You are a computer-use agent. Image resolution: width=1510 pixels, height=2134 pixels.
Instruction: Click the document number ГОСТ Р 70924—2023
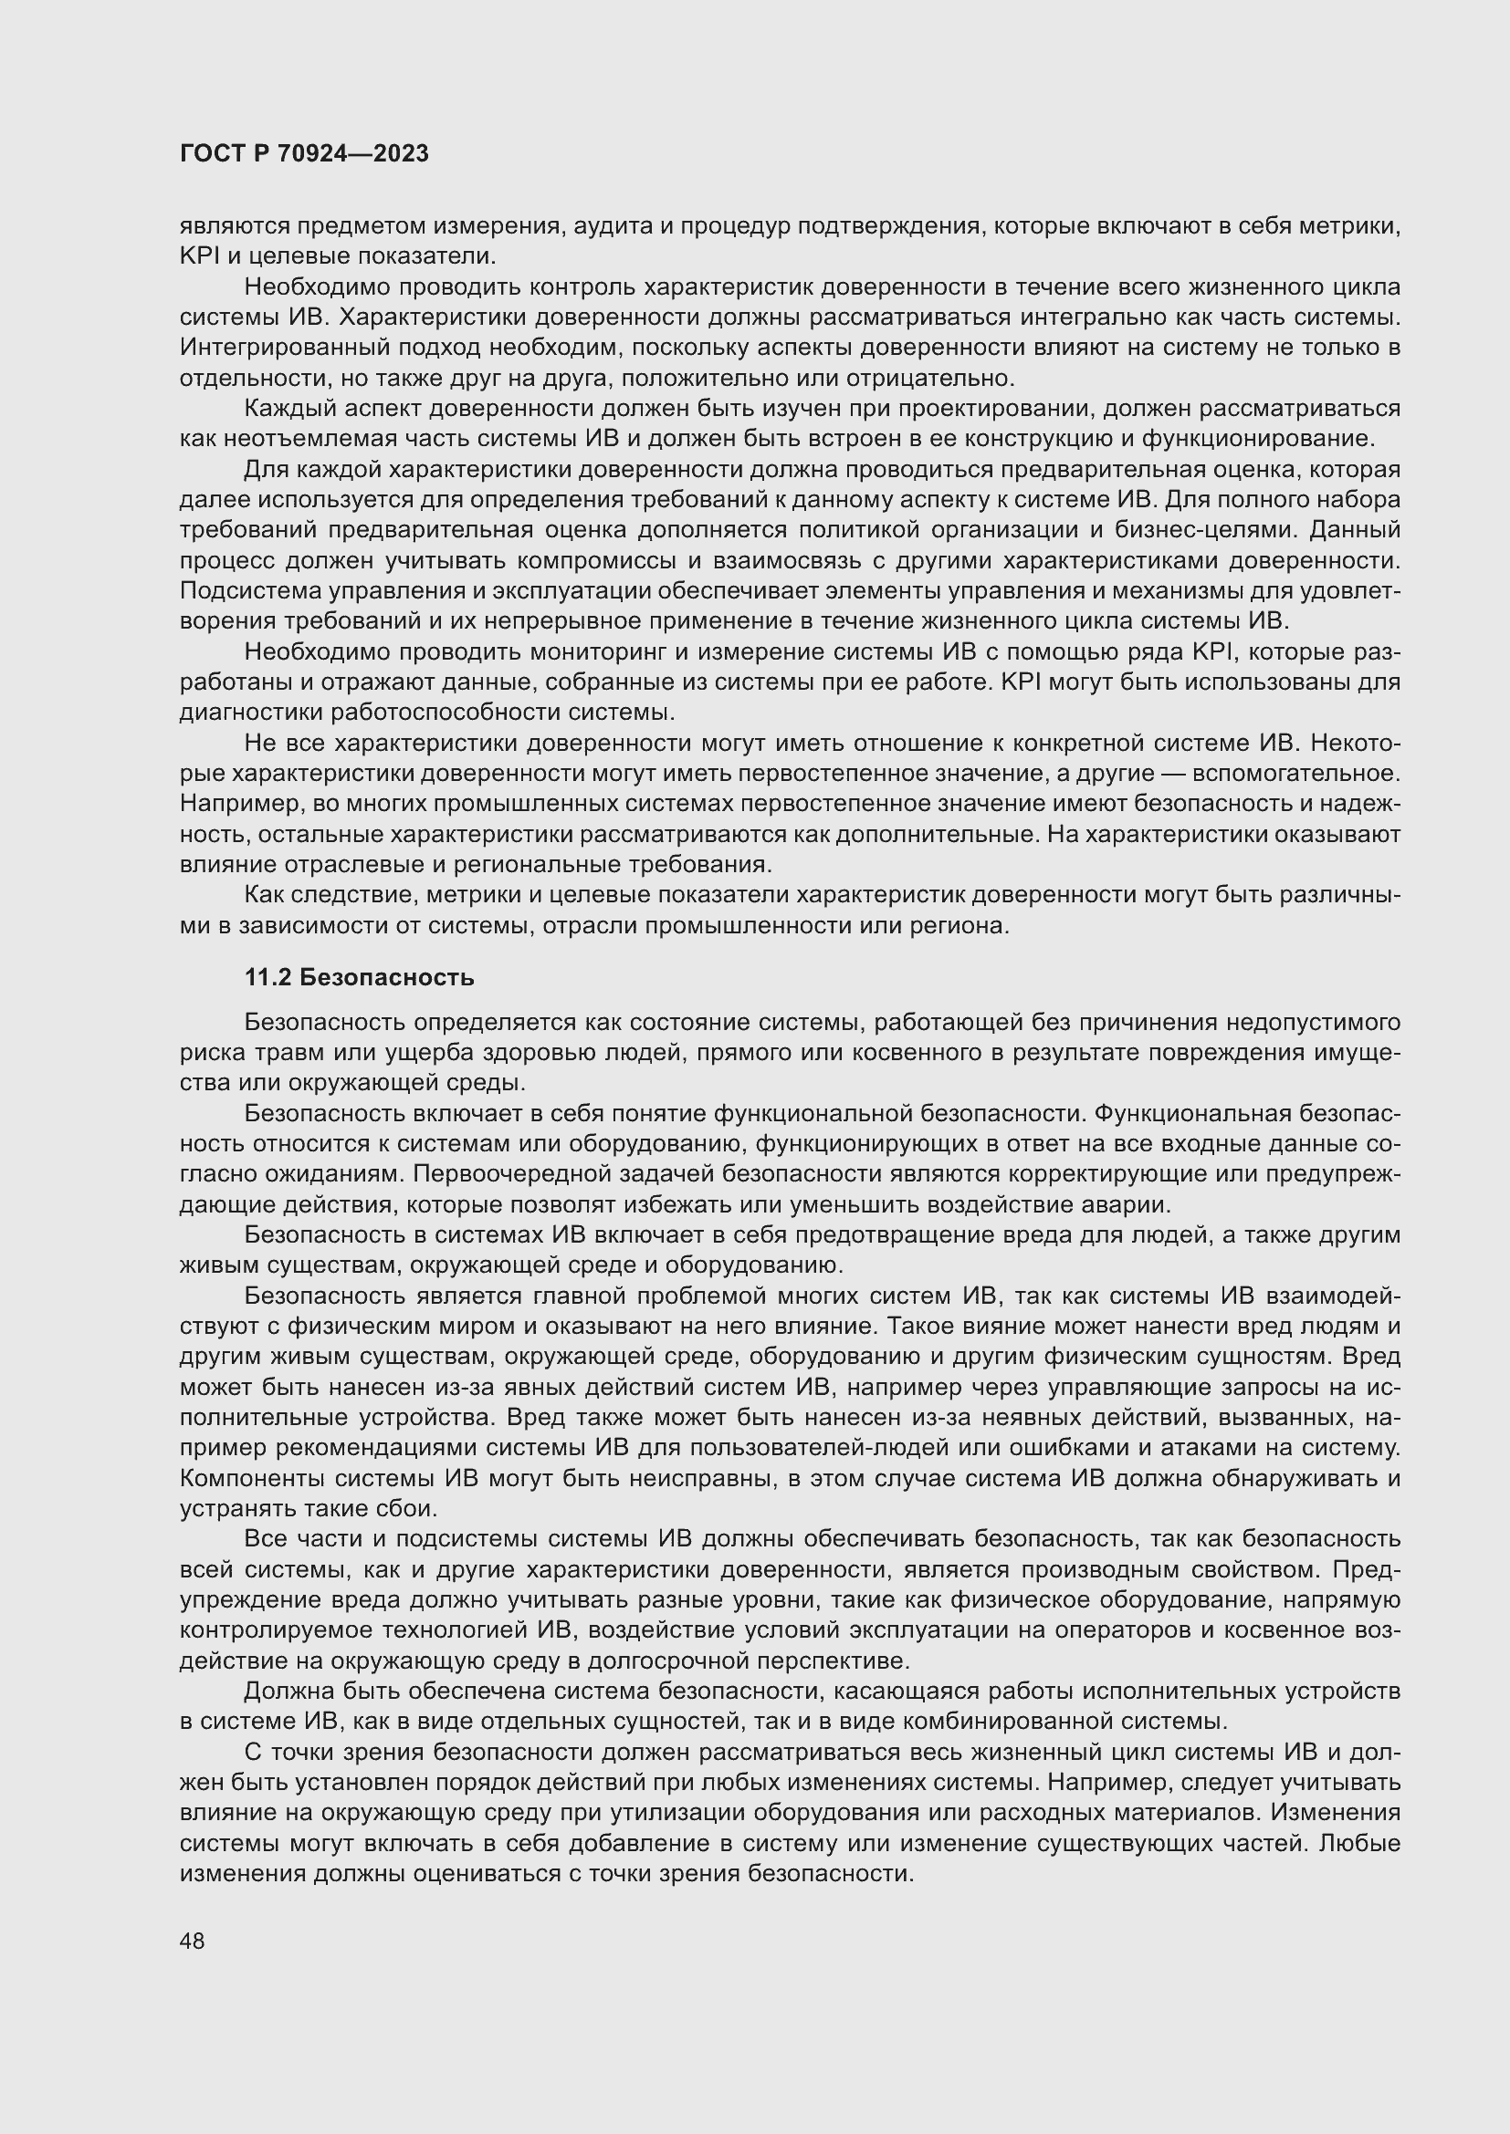pos(304,154)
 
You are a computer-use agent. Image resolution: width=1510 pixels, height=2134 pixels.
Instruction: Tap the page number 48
pos(193,1941)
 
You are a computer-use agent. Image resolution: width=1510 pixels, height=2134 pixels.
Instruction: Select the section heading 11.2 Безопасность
pos(359,978)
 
